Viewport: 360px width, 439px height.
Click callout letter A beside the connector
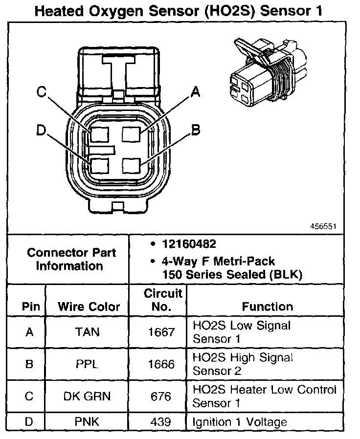pos(195,91)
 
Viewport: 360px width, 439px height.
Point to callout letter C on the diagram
pos(42,92)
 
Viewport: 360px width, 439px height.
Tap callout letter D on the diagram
pos(42,130)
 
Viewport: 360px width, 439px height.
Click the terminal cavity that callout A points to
pos(132,133)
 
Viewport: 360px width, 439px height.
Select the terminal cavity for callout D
pos(99,165)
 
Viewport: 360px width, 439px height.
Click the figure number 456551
pos(324,227)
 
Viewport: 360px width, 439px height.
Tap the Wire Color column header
pos(89,307)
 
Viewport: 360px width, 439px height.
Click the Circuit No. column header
pos(163,300)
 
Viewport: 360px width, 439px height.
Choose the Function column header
pos(268,307)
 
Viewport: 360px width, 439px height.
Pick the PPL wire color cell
pos(88,364)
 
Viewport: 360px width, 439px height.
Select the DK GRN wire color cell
pos(88,396)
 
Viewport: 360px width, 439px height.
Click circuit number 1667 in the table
pos(161,332)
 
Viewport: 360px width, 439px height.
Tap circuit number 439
pos(161,421)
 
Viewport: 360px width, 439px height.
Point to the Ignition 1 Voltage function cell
pos(240,421)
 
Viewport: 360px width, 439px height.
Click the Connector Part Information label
pos(71,260)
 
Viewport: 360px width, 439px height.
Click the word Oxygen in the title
pos(109,11)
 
